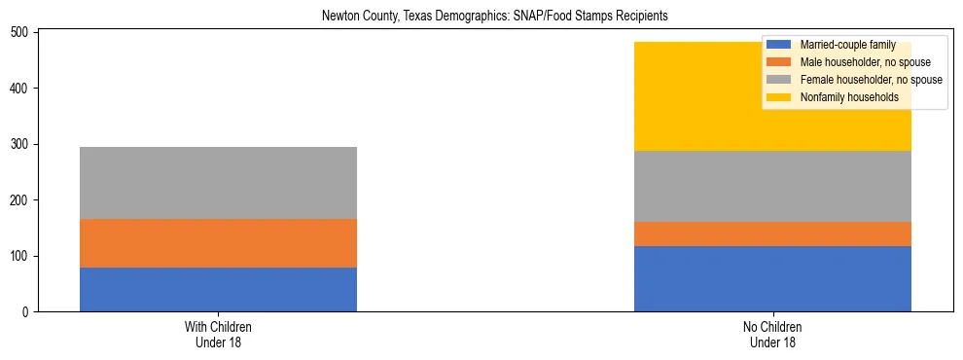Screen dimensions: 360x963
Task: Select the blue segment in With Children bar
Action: (x=218, y=289)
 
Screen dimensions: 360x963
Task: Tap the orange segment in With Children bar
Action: (x=218, y=243)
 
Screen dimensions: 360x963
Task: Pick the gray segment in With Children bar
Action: (x=218, y=183)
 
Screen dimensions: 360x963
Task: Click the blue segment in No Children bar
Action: (x=772, y=278)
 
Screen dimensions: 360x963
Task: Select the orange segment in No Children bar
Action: (x=772, y=234)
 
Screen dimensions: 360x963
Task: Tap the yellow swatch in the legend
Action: (x=779, y=97)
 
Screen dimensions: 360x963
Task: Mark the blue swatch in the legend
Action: (x=779, y=45)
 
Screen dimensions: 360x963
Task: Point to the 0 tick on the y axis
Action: (x=29, y=312)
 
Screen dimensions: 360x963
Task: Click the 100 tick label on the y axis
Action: (x=22, y=256)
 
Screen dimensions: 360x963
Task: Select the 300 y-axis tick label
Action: (x=22, y=144)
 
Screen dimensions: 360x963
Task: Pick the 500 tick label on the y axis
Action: (x=22, y=32)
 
